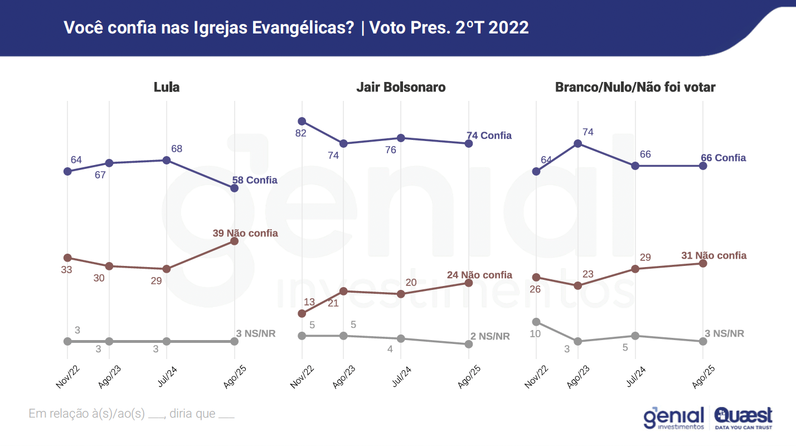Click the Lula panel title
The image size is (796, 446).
[x=167, y=88]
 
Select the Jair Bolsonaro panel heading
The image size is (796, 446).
[x=401, y=88]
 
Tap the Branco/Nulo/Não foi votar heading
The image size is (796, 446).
[x=635, y=88]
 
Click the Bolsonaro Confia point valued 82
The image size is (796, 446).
[x=302, y=121]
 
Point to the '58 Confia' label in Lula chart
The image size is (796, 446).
[x=254, y=180]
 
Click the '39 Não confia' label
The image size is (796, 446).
[x=245, y=233]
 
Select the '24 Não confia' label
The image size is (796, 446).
[x=479, y=275]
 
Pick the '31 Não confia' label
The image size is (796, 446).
[x=714, y=255]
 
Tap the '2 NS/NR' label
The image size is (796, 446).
[x=489, y=336]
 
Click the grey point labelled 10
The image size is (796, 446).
[x=536, y=322]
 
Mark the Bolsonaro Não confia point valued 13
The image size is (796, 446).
[x=302, y=313]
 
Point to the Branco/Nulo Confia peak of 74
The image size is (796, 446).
[x=578, y=143]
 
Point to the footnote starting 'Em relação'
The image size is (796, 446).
[x=131, y=414]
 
